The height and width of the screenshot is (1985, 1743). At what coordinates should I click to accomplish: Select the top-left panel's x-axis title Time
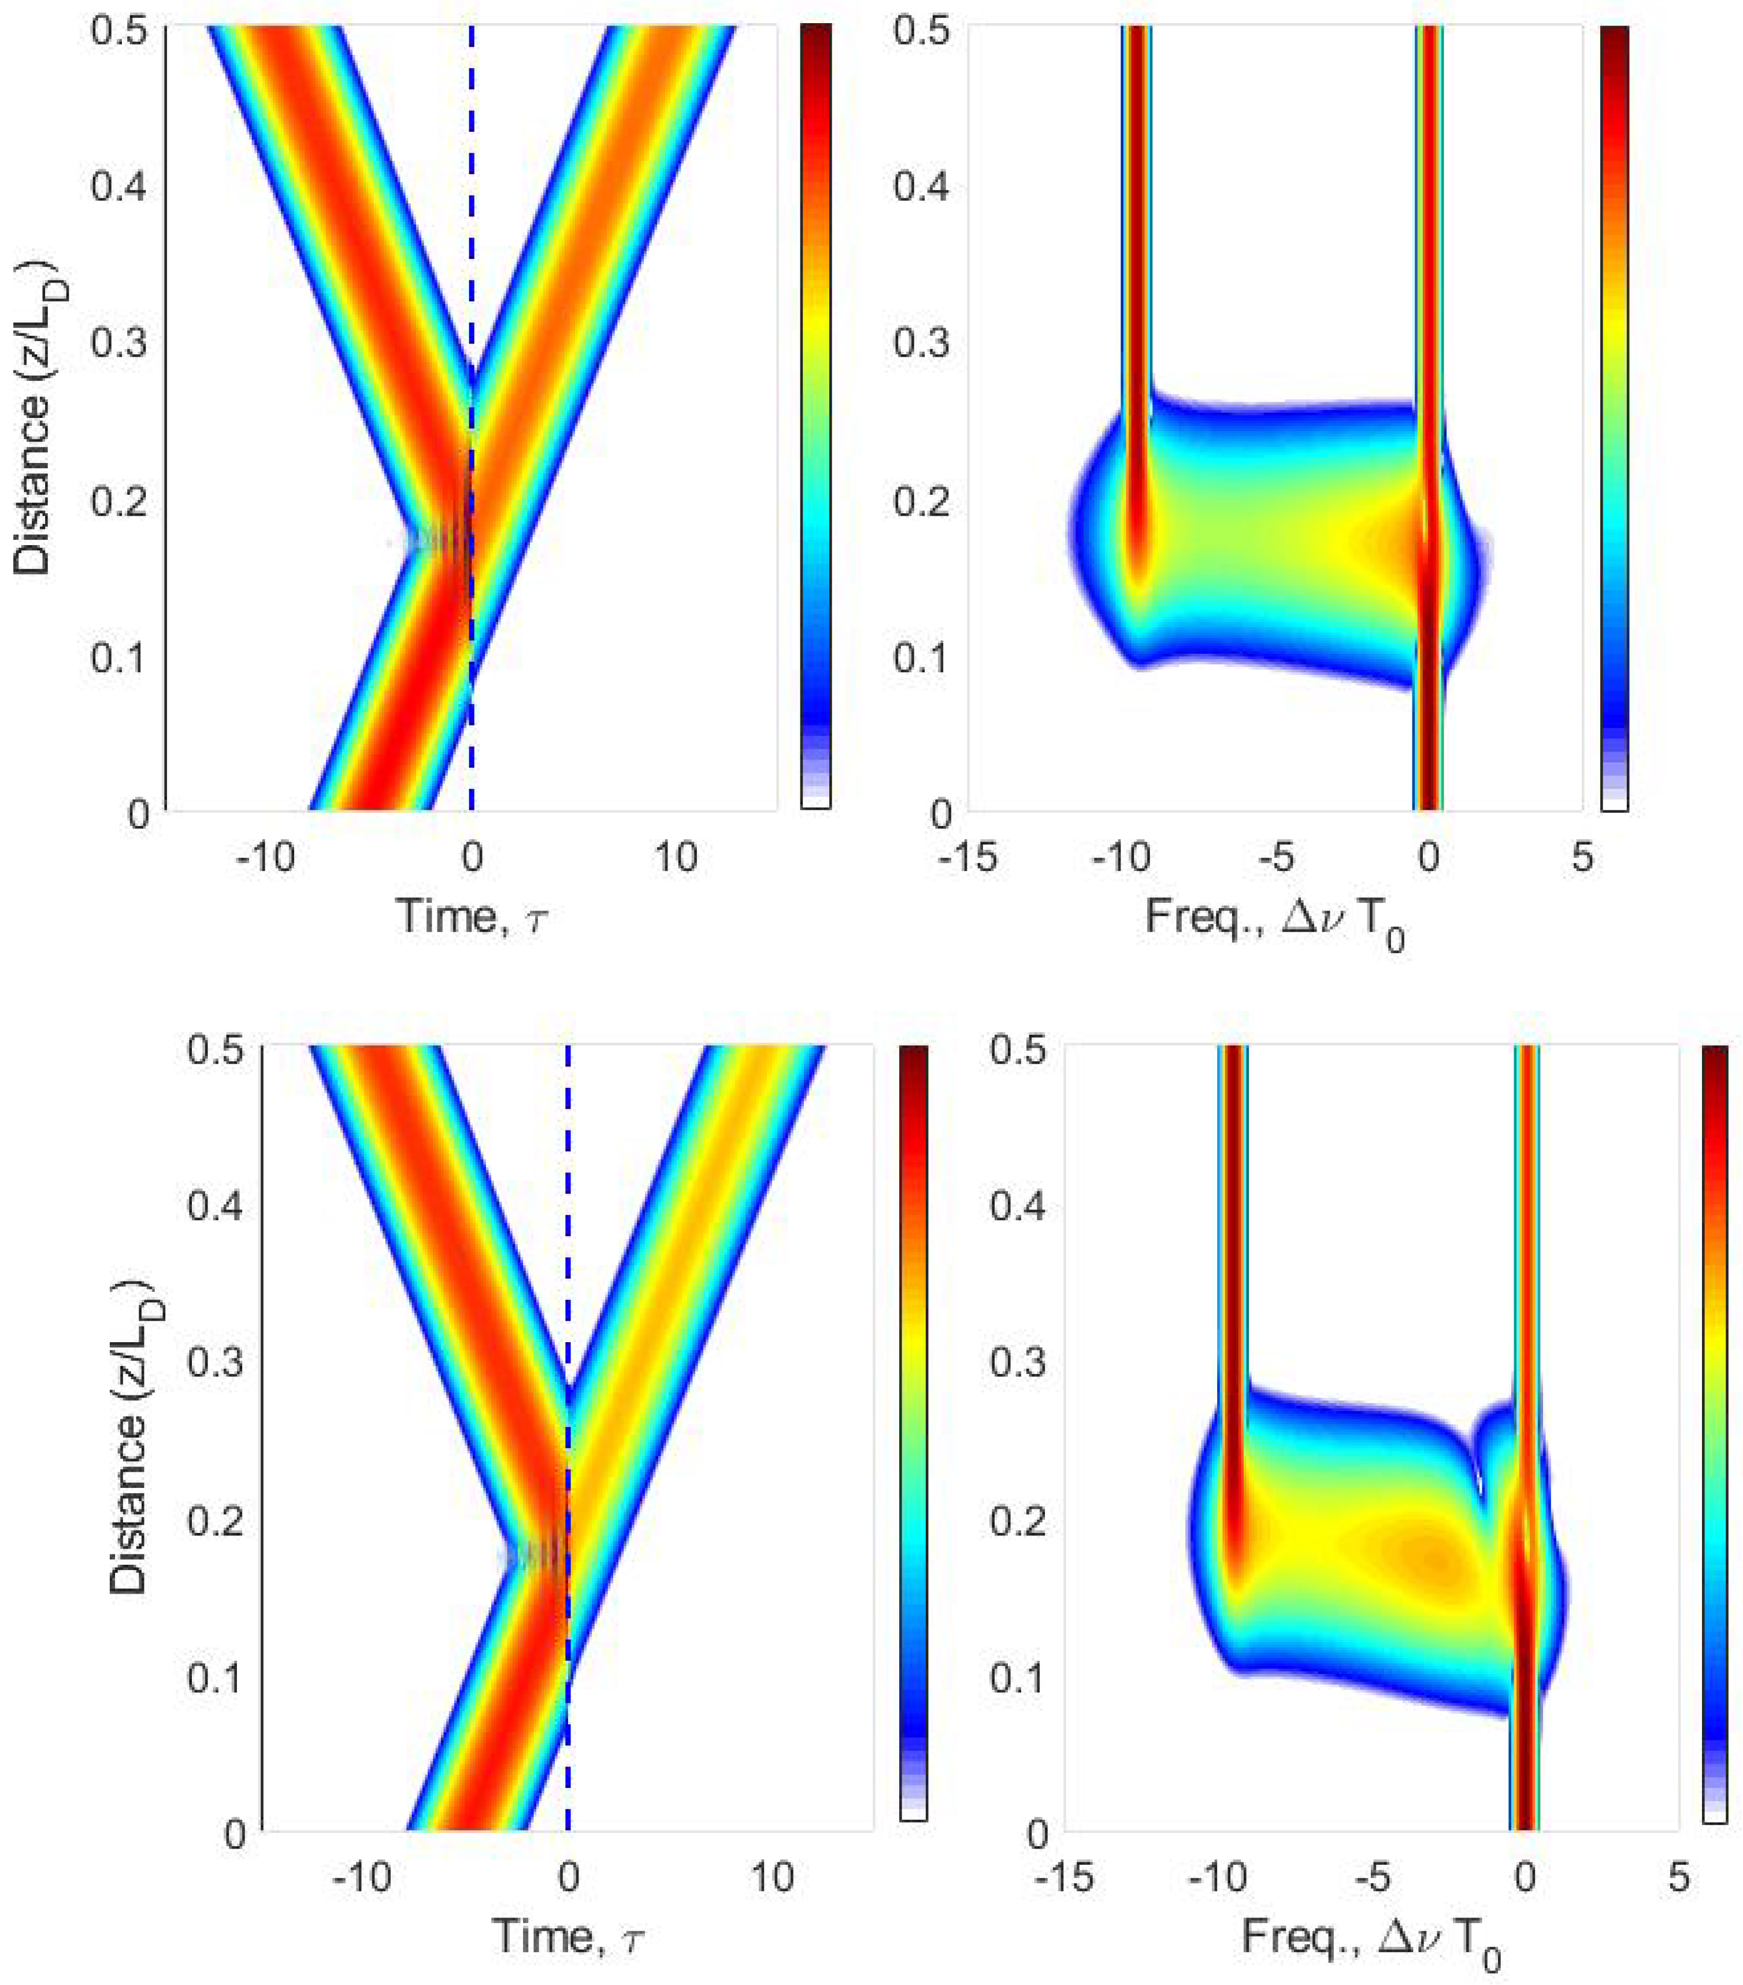click(472, 915)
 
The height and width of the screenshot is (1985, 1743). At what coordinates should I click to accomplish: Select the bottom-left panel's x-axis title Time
click(569, 1935)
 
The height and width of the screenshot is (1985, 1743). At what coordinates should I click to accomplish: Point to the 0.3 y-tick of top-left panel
click(118, 345)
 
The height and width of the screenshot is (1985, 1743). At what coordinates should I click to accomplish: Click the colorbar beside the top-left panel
click(815, 417)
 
